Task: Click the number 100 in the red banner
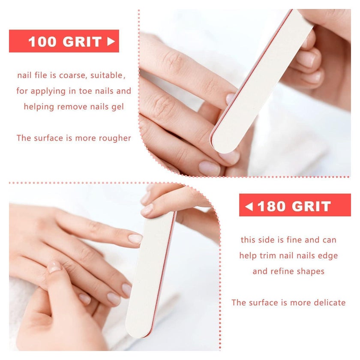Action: (x=42, y=42)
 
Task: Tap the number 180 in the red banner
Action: (x=272, y=206)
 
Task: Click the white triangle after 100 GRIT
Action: (x=111, y=42)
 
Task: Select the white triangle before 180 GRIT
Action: (x=249, y=206)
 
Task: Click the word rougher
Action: (x=115, y=138)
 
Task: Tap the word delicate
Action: (x=330, y=303)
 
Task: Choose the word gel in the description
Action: (x=118, y=107)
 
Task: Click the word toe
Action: (x=86, y=91)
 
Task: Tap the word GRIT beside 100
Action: (x=82, y=42)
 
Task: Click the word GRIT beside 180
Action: (x=312, y=206)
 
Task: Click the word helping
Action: (x=39, y=107)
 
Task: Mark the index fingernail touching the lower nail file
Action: (x=135, y=239)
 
